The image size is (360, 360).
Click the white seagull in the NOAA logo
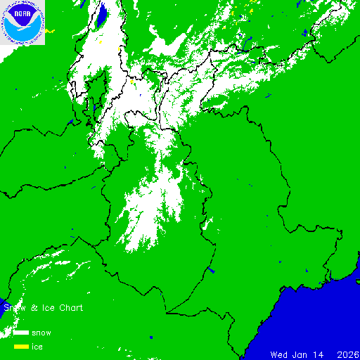point(22,27)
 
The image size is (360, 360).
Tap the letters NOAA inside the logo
point(22,13)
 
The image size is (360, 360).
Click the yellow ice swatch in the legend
point(20,347)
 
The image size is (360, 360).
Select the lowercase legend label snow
point(41,333)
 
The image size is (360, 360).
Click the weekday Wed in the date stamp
point(279,354)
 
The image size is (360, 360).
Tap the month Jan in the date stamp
point(300,354)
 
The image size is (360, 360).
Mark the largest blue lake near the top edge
point(101,13)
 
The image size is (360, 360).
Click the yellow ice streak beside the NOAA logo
point(51,31)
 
